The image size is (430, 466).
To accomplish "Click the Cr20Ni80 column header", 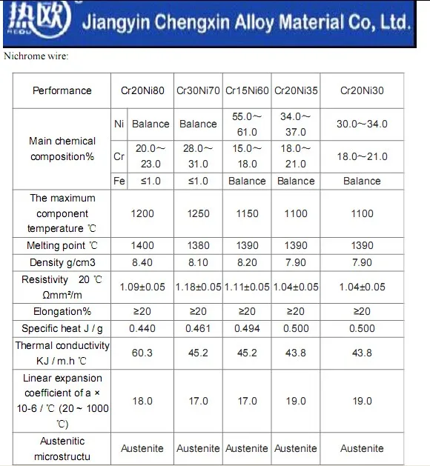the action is (x=142, y=90).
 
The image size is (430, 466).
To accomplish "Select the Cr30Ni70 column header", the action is (x=198, y=90).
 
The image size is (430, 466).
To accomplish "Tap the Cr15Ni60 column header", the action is (x=247, y=90).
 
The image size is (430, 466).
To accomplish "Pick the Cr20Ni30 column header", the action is (x=362, y=90).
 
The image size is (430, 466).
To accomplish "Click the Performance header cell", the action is (x=62, y=90).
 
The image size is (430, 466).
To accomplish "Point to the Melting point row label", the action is (x=62, y=245).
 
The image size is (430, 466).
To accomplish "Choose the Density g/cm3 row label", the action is (x=62, y=263).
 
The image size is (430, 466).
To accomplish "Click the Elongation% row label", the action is (x=62, y=311).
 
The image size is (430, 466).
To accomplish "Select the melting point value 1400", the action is (x=142, y=245).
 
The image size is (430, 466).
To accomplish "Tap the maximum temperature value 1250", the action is (x=199, y=213).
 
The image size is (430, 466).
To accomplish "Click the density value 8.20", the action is (x=247, y=263).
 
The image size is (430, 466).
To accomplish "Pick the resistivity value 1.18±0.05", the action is (x=199, y=287).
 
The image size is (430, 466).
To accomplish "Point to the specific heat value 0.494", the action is (x=247, y=329).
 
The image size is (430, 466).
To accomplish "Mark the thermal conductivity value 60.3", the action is (x=142, y=353).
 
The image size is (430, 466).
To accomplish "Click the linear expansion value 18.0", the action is (x=142, y=402).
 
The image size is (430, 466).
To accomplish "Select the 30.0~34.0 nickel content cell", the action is (x=362, y=124).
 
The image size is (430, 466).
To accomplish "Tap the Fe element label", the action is (x=119, y=181).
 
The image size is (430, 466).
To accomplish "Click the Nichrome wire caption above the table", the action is (x=36, y=56).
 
